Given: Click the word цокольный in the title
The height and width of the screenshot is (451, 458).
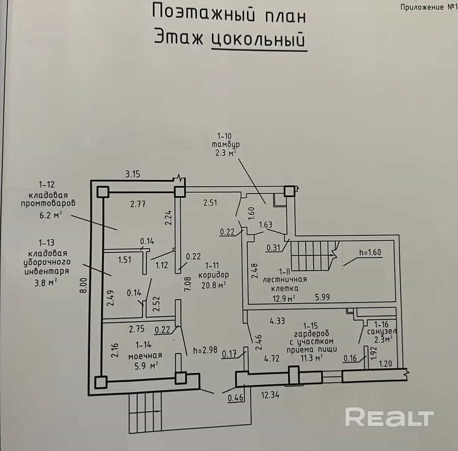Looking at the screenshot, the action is point(258,39).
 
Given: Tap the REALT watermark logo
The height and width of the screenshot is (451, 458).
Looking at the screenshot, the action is point(389,417).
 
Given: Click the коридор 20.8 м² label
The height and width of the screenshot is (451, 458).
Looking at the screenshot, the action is point(213,280).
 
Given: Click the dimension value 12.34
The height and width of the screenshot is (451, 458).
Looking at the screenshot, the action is point(270,395).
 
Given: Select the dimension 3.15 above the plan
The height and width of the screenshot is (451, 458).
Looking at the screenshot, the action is point(133,174).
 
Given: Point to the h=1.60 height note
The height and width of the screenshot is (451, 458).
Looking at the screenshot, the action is point(370,252).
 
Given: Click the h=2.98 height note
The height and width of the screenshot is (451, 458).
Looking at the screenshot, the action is point(205,350).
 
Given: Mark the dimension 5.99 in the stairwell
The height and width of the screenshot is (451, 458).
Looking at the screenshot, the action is point(322,297).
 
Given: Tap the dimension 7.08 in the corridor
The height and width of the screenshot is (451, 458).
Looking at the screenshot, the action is point(188,283).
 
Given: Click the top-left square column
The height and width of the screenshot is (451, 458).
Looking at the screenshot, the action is point(103,192).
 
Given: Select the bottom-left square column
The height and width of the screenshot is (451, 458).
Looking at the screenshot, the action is point(101,382).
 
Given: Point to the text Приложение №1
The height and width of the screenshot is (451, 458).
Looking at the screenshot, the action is point(429,7).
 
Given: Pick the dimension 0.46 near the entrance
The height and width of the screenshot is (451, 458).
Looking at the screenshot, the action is point(235,398).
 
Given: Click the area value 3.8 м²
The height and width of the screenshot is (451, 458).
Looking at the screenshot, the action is point(46,283).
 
